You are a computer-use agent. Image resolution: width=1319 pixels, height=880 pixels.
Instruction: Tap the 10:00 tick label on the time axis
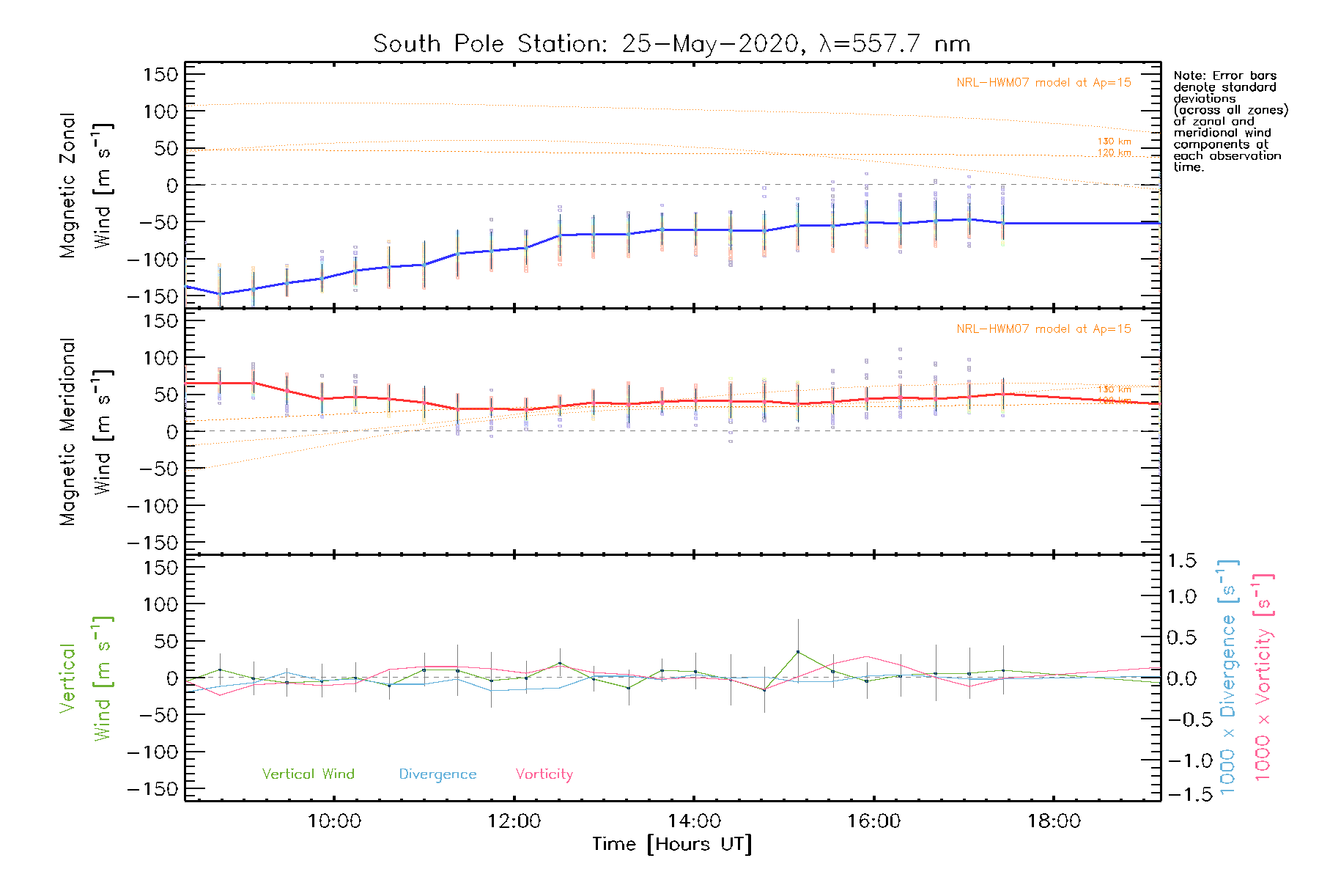[x=334, y=821]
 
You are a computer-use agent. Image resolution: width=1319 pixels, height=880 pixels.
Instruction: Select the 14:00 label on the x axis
[x=694, y=821]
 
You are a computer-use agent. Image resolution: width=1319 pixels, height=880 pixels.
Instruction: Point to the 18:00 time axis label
[x=1054, y=821]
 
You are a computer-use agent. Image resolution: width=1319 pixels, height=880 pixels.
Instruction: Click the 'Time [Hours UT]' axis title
[x=672, y=845]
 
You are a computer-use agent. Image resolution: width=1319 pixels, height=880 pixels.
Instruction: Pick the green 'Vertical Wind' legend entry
[x=308, y=774]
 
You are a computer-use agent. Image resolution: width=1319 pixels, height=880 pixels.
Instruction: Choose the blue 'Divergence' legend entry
[x=437, y=774]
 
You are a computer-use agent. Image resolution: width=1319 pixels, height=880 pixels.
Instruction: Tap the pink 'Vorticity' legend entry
[x=544, y=774]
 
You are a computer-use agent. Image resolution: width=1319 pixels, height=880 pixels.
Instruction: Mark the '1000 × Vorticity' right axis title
[x=1263, y=678]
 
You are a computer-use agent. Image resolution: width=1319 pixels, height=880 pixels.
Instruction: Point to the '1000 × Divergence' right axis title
[x=1228, y=678]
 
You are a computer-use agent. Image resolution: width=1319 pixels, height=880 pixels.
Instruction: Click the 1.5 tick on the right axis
[x=1181, y=561]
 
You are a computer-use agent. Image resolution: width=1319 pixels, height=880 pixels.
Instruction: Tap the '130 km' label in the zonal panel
[x=1114, y=142]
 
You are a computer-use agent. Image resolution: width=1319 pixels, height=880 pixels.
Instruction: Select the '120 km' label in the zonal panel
[x=1114, y=153]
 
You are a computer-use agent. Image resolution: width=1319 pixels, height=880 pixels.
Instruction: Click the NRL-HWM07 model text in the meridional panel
[x=1043, y=329]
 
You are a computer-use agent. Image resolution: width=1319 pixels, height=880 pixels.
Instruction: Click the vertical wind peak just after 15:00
[x=798, y=651]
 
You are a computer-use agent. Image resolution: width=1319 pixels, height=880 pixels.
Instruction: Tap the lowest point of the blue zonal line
[x=220, y=294]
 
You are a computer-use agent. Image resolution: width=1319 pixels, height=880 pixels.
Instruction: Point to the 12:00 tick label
[x=514, y=821]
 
